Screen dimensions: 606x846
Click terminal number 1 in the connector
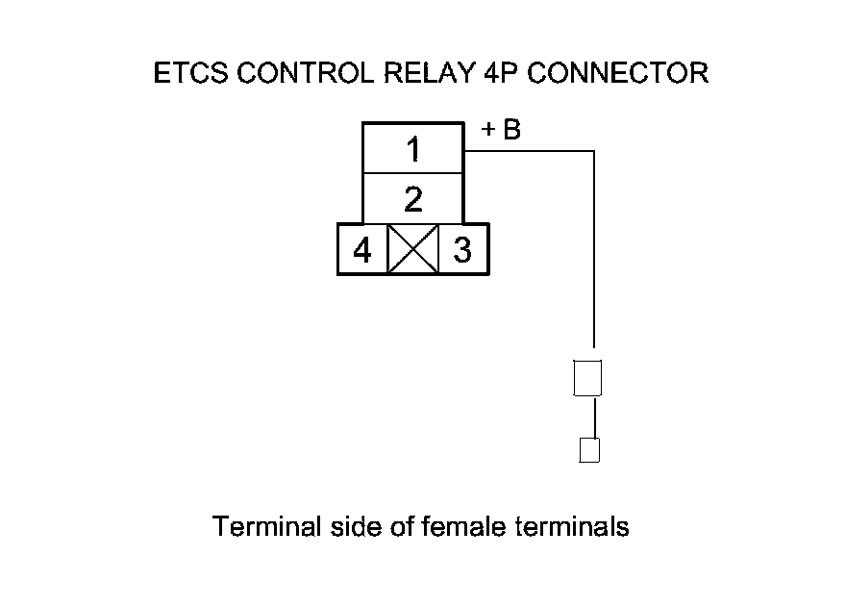(x=412, y=150)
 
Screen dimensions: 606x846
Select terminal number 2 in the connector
(x=412, y=200)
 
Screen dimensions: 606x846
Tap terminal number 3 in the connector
(x=463, y=250)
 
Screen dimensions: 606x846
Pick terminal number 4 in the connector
(x=361, y=250)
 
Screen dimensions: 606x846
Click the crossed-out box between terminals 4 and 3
(x=412, y=250)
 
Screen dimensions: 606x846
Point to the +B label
(x=501, y=131)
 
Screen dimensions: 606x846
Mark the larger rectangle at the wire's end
(x=586, y=377)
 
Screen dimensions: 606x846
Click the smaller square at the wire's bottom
(x=589, y=449)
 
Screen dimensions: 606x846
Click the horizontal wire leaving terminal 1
(x=529, y=151)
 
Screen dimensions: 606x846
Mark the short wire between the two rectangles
(x=594, y=416)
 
